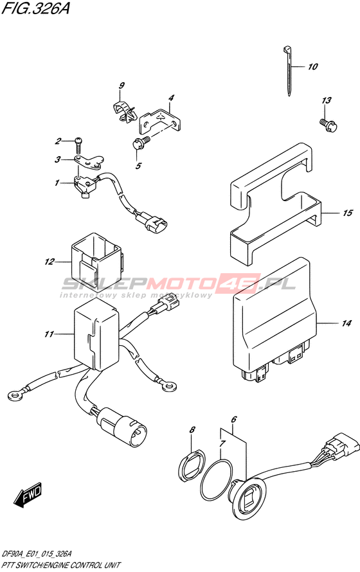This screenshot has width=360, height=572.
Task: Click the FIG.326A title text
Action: pyautogui.click(x=35, y=8)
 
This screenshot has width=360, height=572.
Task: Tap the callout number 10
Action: pyautogui.click(x=312, y=66)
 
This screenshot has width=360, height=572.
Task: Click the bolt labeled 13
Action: pyautogui.click(x=328, y=125)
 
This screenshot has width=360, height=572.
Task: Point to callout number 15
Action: pyautogui.click(x=347, y=212)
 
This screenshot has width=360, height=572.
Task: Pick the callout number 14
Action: pyautogui.click(x=346, y=323)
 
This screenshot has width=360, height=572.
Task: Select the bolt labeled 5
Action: pyautogui.click(x=139, y=143)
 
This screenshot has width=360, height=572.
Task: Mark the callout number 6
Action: pyautogui.click(x=234, y=420)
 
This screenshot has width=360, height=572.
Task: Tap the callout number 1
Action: pyautogui.click(x=57, y=183)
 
